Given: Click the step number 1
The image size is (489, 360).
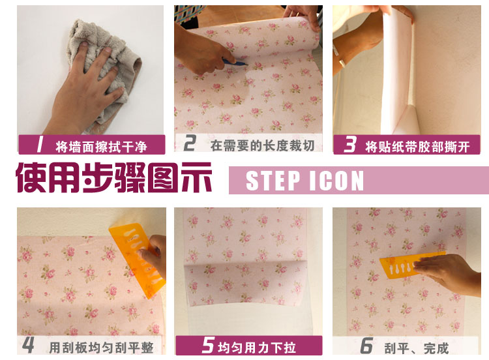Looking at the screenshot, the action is (40, 145).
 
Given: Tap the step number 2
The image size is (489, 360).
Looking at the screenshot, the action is (190, 143).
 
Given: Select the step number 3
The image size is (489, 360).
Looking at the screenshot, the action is (350, 145).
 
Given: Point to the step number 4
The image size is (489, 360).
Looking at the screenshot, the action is (29, 345).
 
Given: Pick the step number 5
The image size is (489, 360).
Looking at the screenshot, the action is (208, 345).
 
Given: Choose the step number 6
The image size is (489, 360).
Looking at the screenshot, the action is (366, 346).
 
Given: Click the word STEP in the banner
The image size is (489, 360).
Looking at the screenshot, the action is (273, 181).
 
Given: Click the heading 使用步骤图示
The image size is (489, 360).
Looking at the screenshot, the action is (114, 177).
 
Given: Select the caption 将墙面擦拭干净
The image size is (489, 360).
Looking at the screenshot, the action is (101, 147).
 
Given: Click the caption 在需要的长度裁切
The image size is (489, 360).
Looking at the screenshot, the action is (262, 145).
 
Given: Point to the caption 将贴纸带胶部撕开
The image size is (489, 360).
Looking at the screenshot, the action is (417, 147).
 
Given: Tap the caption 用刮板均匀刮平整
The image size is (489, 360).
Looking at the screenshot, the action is (101, 347).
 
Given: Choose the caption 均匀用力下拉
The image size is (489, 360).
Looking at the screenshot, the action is (257, 347).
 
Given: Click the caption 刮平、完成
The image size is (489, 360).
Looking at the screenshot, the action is (417, 348).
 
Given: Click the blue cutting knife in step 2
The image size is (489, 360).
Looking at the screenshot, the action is (235, 62).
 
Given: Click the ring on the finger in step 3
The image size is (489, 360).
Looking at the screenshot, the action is (342, 63).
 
